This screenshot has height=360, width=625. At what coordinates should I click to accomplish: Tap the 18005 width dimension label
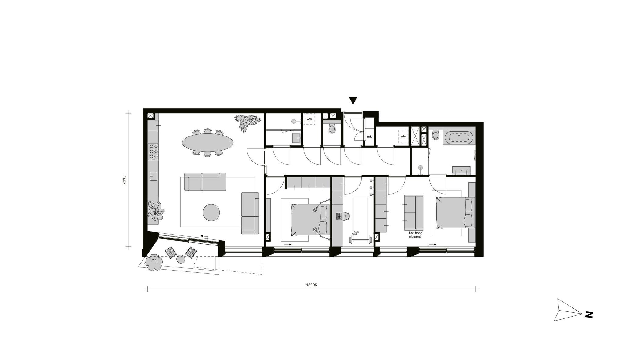tap(312, 285)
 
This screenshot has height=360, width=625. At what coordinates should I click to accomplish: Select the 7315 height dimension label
tap(124, 180)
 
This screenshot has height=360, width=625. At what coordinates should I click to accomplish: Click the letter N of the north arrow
tap(589, 315)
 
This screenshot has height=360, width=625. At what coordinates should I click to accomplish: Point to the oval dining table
tap(208, 142)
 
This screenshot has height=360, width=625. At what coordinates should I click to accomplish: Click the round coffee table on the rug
tap(211, 213)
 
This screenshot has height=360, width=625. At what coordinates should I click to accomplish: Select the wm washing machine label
tap(309, 119)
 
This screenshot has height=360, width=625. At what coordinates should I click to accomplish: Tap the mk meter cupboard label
tap(369, 136)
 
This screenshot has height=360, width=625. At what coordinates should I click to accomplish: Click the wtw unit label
tap(403, 136)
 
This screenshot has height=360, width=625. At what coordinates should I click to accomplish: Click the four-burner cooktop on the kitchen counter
tap(153, 151)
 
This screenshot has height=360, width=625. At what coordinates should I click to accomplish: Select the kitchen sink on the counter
tap(153, 176)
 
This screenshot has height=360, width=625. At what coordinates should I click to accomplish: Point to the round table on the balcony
tap(181, 260)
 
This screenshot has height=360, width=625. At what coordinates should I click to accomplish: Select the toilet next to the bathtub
tap(436, 135)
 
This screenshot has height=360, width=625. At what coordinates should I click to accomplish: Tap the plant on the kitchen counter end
tap(156, 211)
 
